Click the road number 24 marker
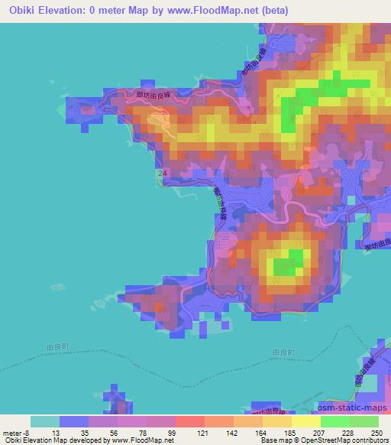click(x=162, y=175)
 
